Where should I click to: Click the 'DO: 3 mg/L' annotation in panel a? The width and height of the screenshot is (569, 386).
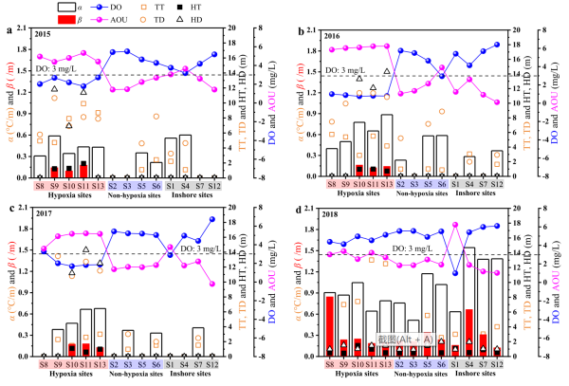tap(53, 68)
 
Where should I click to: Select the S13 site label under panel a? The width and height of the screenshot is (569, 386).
tap(98, 184)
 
